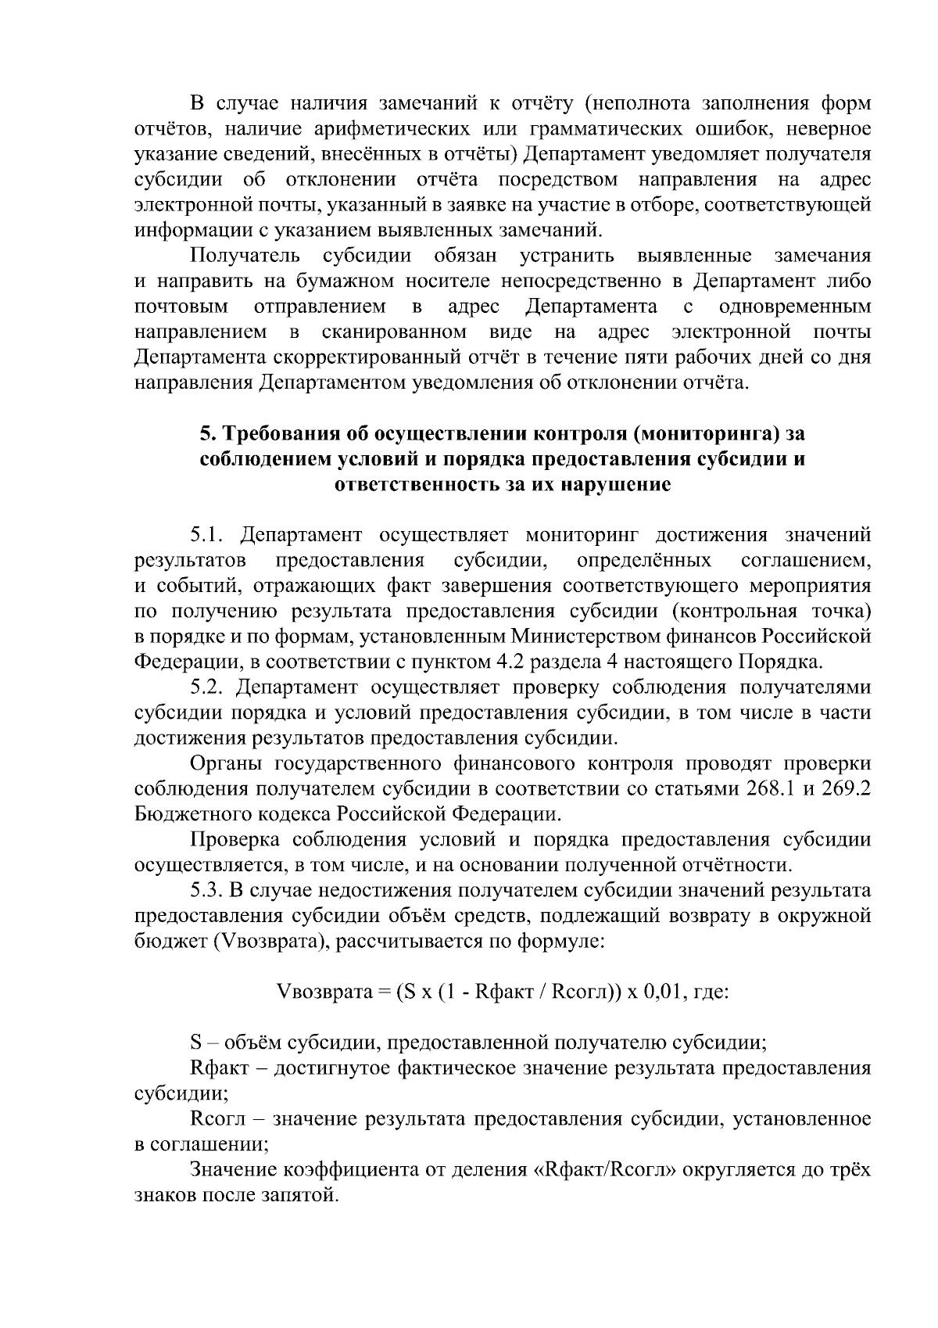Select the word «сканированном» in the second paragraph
click(x=395, y=332)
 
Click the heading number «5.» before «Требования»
click(x=206, y=433)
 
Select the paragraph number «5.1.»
click(x=210, y=536)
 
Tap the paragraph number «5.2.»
click(x=210, y=687)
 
